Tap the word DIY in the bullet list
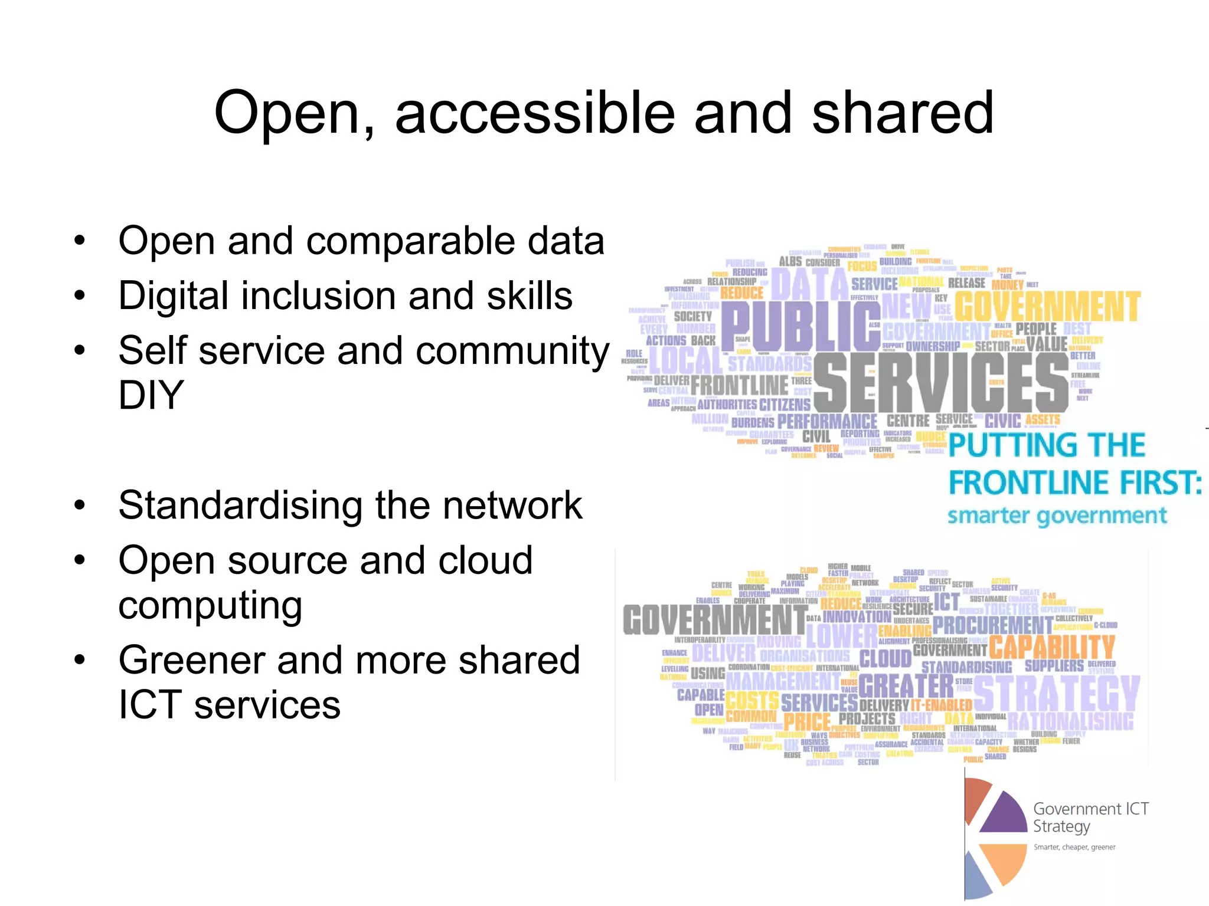click(151, 395)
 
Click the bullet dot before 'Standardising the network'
click(80, 505)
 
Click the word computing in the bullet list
click(210, 606)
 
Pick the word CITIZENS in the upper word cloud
click(785, 405)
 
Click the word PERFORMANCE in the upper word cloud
click(827, 422)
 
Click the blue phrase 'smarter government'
click(1057, 516)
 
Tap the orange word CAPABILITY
click(1052, 647)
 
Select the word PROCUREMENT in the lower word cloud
click(992, 624)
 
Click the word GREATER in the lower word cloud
click(906, 686)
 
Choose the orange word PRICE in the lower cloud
click(806, 721)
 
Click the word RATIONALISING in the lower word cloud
click(1070, 720)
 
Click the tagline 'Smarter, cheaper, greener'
click(1074, 847)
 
